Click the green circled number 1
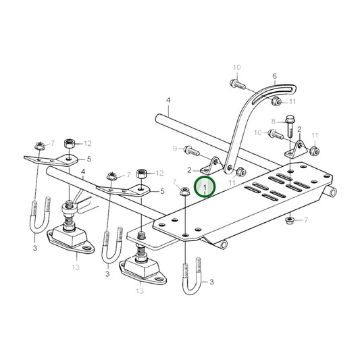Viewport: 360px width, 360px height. (205, 187)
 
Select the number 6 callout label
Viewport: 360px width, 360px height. (274, 76)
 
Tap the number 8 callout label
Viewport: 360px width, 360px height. (274, 122)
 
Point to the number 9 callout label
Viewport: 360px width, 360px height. (174, 149)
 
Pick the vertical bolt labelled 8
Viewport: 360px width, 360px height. (289, 127)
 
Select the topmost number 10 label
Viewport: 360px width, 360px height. (237, 68)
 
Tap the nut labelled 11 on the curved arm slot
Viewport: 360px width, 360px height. (276, 101)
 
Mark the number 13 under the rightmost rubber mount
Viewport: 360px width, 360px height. (140, 291)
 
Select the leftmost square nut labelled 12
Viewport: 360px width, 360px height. (69, 143)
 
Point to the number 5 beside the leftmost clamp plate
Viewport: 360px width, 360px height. (88, 159)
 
